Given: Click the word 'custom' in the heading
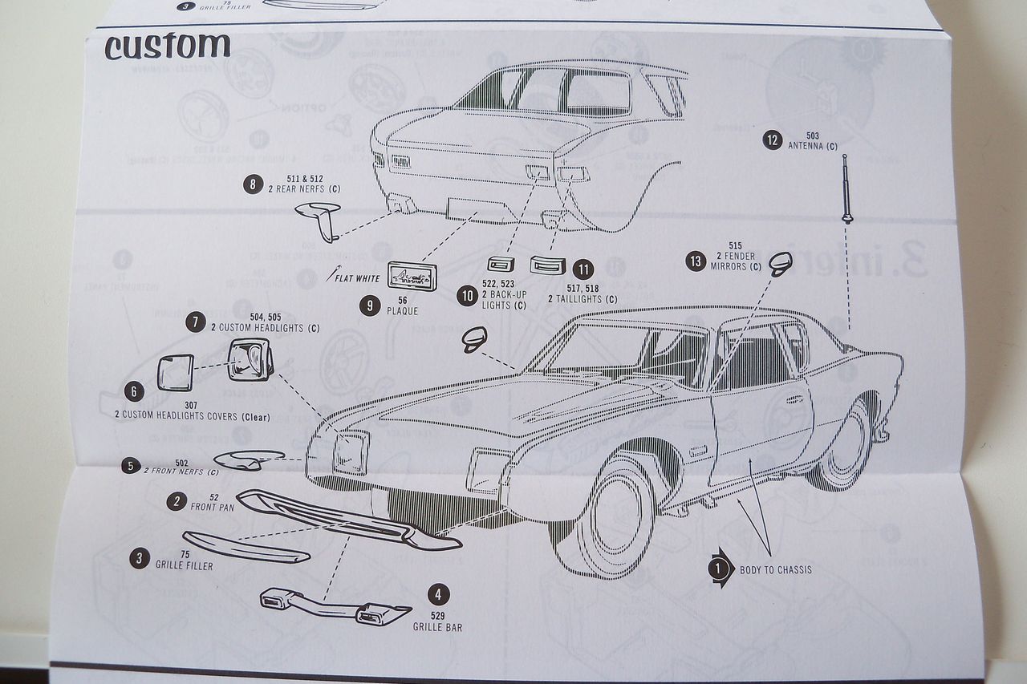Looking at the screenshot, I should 167,47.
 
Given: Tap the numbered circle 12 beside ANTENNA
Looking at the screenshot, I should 772,140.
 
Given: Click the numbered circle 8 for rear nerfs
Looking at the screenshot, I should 253,184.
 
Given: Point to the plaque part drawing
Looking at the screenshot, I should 412,277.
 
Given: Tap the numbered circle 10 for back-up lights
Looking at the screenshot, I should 467,296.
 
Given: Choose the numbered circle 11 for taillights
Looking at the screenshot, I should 583,269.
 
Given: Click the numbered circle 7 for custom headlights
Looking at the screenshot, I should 195,322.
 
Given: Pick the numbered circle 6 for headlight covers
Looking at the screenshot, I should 134,391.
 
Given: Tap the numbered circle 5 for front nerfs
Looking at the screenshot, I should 129,465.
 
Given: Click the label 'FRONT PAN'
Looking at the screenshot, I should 211,507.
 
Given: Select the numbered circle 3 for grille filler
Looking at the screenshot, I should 141,558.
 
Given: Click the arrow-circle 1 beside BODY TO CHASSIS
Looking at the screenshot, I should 718,569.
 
